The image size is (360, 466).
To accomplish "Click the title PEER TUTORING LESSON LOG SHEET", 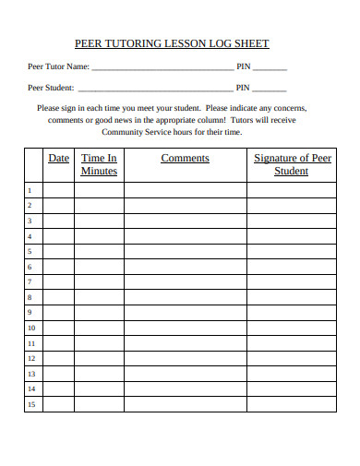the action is [x=172, y=43].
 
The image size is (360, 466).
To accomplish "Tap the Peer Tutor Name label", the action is [x=59, y=66].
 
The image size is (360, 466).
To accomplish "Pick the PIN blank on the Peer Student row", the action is [x=270, y=90].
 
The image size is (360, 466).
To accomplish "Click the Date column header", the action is [x=59, y=159].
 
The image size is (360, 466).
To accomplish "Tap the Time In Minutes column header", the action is [x=99, y=164].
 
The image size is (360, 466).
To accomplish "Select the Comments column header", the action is [x=185, y=159].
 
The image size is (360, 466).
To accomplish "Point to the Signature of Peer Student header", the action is [x=292, y=164].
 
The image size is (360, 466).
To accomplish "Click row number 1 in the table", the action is [x=30, y=190].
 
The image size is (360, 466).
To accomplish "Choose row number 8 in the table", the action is [x=30, y=297].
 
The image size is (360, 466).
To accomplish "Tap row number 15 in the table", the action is [x=30, y=404].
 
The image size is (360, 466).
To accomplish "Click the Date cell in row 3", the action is [x=59, y=221].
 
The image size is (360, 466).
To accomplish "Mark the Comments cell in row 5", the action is [x=185, y=251].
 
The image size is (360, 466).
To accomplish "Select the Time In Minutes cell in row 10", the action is [x=99, y=328].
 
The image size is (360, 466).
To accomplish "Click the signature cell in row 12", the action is [x=292, y=358].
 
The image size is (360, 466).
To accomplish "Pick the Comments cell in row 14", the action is [x=185, y=388].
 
